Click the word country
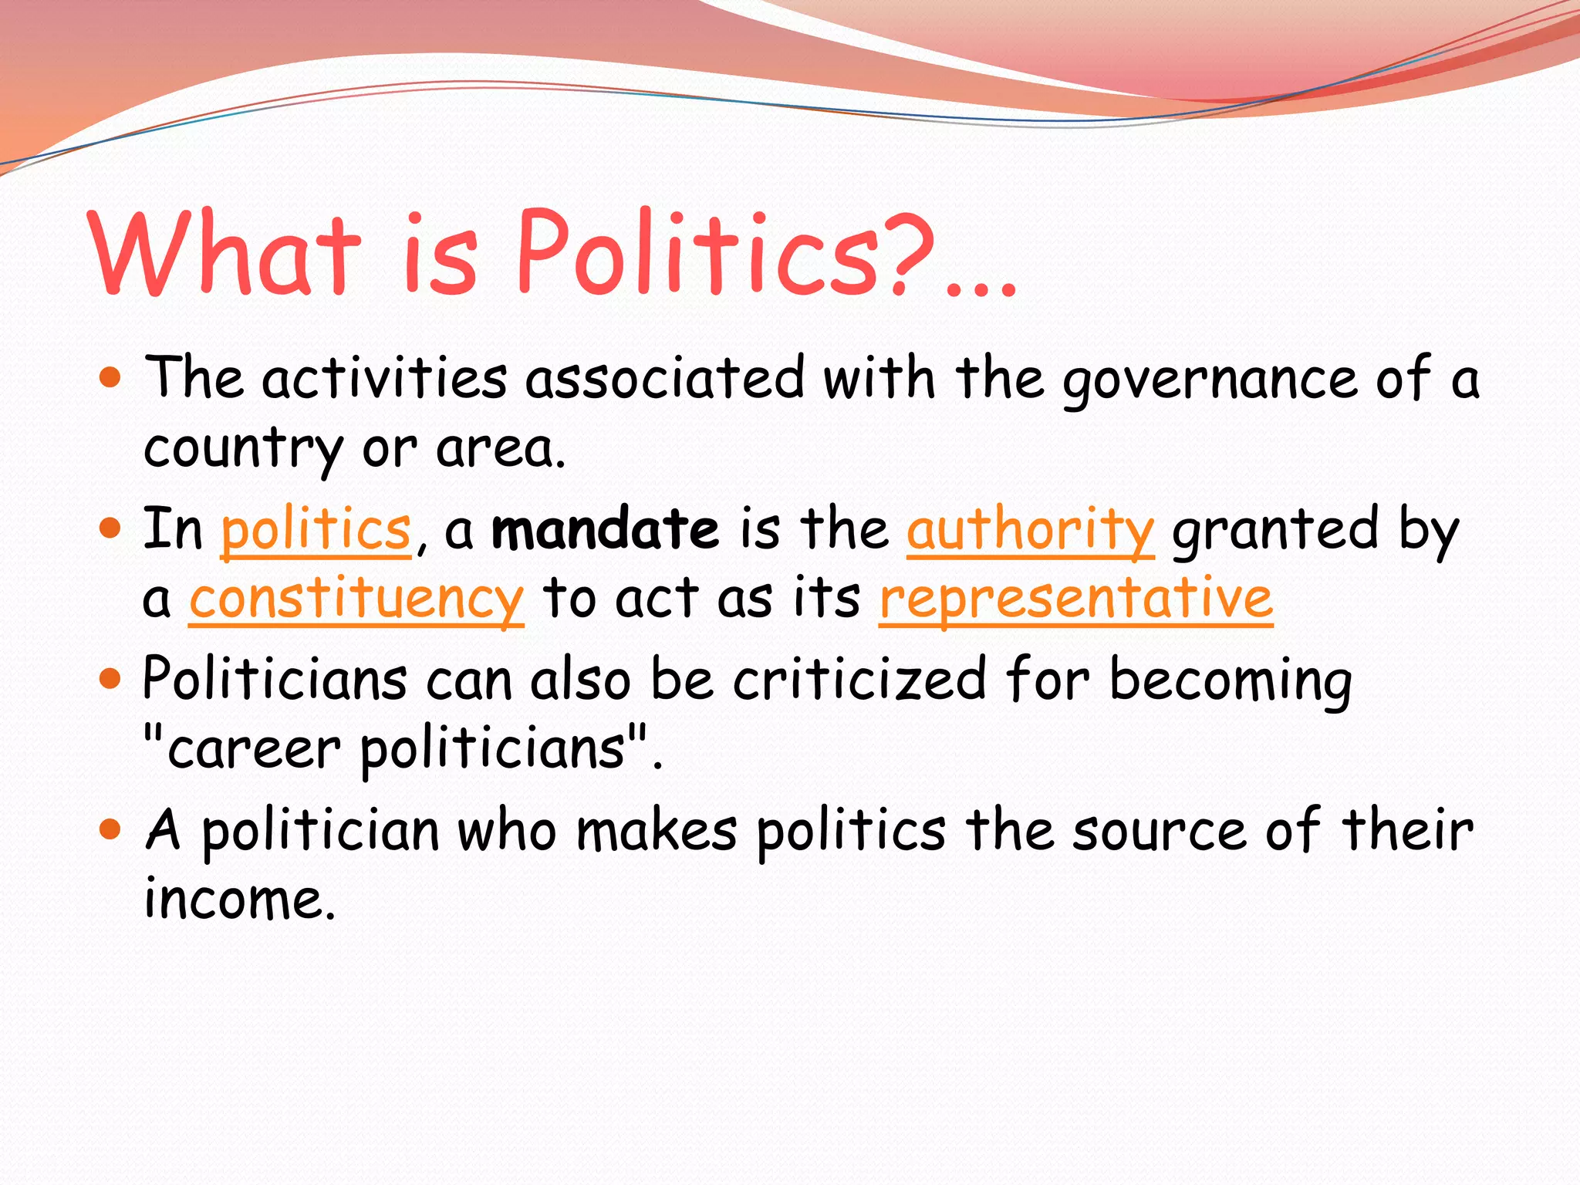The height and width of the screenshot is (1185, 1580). click(244, 449)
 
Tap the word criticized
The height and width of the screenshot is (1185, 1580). click(859, 680)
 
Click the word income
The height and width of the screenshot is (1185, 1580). click(240, 900)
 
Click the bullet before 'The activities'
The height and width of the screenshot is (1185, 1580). click(111, 378)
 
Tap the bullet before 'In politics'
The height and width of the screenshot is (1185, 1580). click(111, 528)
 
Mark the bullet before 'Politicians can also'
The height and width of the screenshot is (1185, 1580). click(111, 679)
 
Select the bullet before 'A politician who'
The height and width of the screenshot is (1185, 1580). click(111, 830)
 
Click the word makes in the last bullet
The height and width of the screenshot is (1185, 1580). click(657, 831)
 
